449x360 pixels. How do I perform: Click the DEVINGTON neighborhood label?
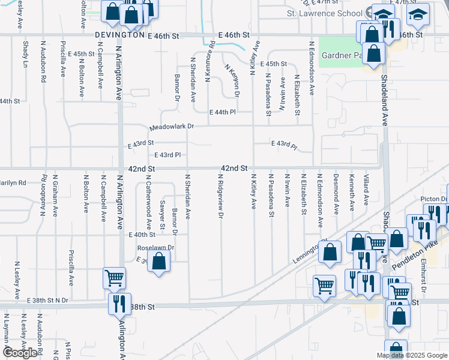pos(118,36)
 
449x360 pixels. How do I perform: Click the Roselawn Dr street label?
pos(155,247)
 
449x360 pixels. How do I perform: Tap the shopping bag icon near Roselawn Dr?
pos(158,261)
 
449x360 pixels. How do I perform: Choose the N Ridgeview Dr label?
pos(220,197)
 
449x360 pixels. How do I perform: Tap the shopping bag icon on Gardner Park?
pos(373,53)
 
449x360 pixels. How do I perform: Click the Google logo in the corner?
pos(21,353)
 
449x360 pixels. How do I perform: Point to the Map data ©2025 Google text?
pos(411,355)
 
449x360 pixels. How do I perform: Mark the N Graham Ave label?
pos(55,196)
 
